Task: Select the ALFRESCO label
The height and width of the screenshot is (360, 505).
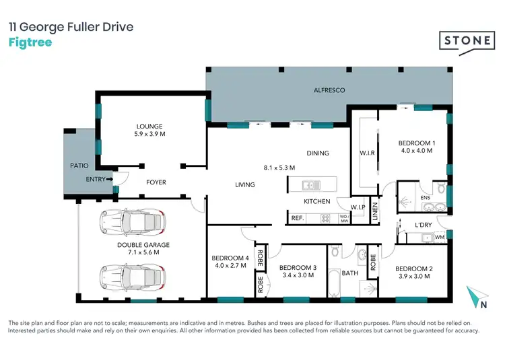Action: (x=329, y=90)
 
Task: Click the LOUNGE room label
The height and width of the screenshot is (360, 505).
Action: (x=149, y=127)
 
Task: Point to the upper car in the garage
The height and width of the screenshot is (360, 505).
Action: (x=132, y=221)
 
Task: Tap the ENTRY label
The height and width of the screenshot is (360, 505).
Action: (x=96, y=179)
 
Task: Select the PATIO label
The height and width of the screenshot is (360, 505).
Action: (x=80, y=164)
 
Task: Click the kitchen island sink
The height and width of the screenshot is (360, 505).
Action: (x=308, y=185)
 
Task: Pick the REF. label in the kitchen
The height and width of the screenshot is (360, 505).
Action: (x=296, y=218)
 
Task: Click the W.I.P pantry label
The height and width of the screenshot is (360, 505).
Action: (x=339, y=207)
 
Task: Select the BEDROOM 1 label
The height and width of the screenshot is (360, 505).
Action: (x=416, y=143)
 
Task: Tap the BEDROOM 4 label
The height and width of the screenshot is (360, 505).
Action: (x=230, y=258)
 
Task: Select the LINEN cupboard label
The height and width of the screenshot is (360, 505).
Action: (x=375, y=212)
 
